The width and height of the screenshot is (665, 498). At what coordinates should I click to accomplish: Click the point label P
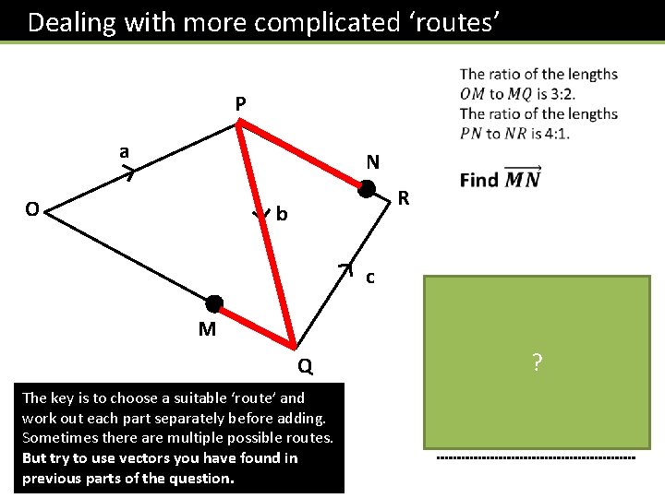coord(240,104)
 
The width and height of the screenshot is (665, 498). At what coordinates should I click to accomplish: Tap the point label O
coord(31,209)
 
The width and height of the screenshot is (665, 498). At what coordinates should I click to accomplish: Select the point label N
coord(372,162)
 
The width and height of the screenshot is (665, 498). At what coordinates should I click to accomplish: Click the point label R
coord(403,197)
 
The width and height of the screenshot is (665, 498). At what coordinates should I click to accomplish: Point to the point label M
coord(207,329)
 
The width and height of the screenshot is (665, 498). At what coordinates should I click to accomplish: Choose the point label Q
coord(305,367)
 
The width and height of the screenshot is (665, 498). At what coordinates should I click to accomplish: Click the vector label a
coord(123,151)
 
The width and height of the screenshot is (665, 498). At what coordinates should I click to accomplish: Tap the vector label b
coord(282,215)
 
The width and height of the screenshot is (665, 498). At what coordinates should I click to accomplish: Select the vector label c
coord(369,276)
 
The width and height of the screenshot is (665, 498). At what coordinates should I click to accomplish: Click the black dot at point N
coord(367,189)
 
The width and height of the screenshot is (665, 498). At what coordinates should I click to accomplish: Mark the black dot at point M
coord(214,303)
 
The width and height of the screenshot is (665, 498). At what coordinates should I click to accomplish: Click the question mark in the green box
coord(537,363)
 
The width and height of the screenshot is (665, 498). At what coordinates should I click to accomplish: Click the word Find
coord(479,180)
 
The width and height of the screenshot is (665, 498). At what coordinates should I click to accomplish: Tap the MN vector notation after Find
coord(523,178)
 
